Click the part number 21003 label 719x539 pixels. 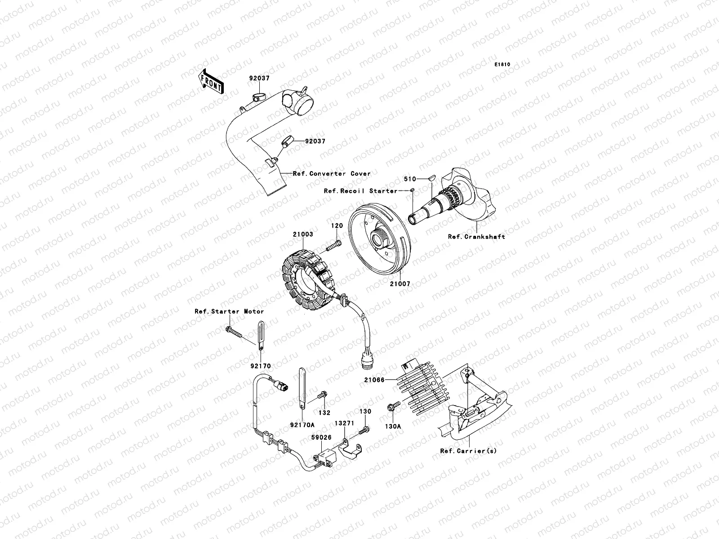coord(304,234)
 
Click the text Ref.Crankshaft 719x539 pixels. coord(476,237)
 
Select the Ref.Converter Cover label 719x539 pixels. coord(332,173)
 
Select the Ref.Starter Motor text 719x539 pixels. coord(229,311)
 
